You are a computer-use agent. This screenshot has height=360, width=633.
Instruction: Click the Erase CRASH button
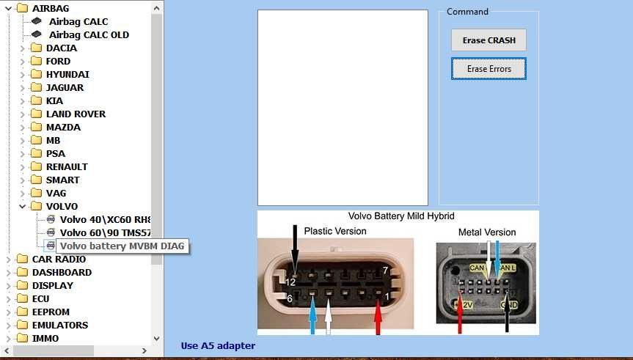click(x=489, y=40)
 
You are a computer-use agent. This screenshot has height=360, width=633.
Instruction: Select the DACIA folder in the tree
click(x=61, y=48)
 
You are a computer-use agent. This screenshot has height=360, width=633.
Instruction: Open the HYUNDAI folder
click(x=67, y=74)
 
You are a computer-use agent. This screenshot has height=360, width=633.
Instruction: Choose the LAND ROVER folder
click(x=75, y=114)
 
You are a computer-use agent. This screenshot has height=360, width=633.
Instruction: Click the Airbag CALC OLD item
click(x=88, y=34)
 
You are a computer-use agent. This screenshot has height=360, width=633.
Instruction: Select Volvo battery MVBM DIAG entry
click(x=122, y=246)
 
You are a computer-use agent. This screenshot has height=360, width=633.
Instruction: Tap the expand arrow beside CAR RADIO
click(x=8, y=259)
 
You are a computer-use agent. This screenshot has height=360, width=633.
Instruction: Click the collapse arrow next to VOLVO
click(x=22, y=207)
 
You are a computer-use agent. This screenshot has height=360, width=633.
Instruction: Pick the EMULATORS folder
click(x=59, y=325)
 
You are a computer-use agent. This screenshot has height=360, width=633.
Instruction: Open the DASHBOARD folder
click(x=62, y=272)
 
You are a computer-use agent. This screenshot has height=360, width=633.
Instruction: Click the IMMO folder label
click(x=45, y=338)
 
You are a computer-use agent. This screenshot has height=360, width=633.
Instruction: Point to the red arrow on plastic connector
click(x=378, y=319)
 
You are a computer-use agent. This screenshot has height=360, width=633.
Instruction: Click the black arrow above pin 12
click(x=294, y=246)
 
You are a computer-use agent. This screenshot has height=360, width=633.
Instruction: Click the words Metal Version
click(x=487, y=232)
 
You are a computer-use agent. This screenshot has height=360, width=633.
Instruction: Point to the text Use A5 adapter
click(x=218, y=345)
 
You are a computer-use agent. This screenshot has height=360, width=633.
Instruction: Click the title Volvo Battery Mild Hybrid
click(x=400, y=216)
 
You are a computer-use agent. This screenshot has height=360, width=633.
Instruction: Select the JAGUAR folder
click(x=65, y=87)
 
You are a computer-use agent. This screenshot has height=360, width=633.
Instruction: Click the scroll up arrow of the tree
click(x=157, y=8)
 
